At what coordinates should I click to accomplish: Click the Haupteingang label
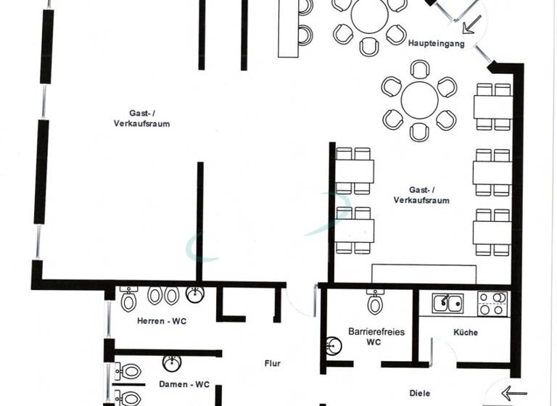point(436,43)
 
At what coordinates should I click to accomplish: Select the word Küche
point(465,333)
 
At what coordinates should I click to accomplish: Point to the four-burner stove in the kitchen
point(492,303)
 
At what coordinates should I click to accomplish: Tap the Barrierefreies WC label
point(376,336)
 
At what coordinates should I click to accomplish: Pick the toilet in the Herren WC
point(129,298)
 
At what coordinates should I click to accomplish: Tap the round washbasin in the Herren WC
point(195,294)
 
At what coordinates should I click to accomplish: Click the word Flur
point(272,364)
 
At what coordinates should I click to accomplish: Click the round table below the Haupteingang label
point(420,101)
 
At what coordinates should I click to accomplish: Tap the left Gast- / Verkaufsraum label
point(141,117)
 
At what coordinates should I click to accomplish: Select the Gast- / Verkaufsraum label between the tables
point(421,194)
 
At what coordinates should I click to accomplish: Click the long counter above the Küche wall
point(424,273)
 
